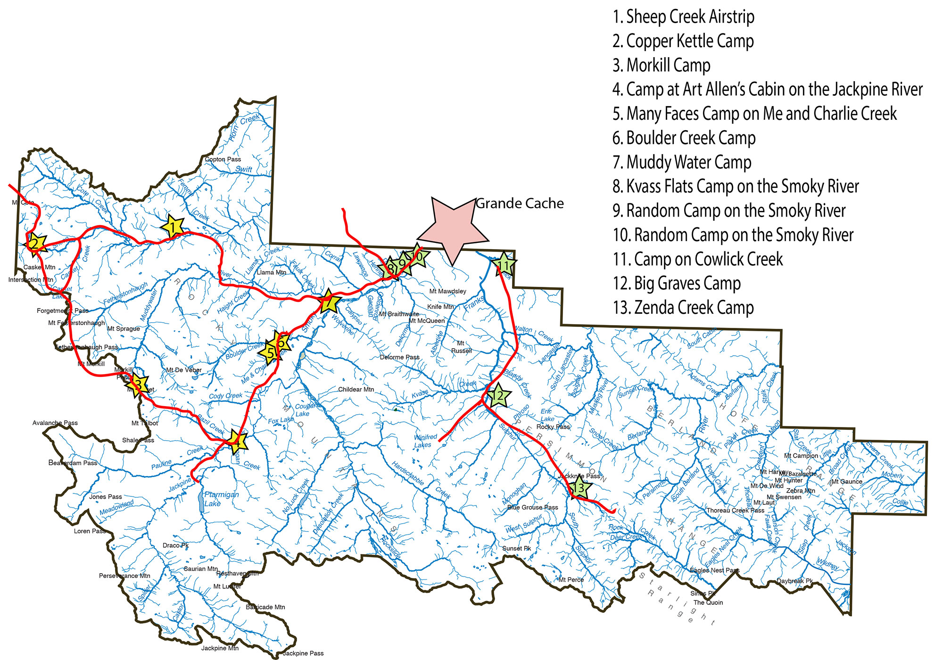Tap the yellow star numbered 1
point(173,227)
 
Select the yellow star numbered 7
point(330,302)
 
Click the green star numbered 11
point(504,265)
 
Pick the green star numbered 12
point(498,395)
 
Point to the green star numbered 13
point(579,488)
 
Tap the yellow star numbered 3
point(138,384)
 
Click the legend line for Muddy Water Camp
point(682,162)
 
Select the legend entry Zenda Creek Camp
point(683,308)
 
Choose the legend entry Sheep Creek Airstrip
point(683,17)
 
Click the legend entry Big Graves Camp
point(677,284)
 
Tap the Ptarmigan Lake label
point(221,499)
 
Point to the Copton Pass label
point(223,159)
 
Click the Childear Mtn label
point(356,389)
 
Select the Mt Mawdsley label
point(447,291)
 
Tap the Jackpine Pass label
point(303,653)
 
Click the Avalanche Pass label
point(55,423)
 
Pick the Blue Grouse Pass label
point(532,507)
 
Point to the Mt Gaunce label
point(846,482)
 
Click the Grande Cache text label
point(520,203)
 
